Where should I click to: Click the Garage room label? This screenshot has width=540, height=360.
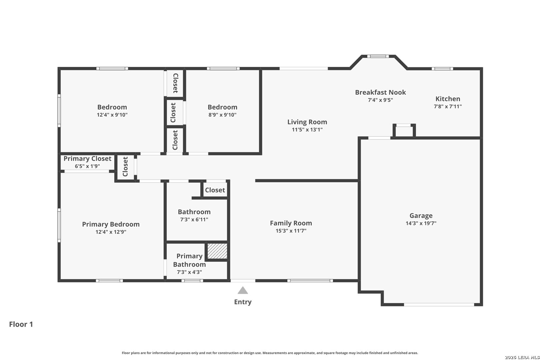click(x=421, y=216)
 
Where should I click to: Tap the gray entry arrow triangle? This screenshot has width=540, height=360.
click(x=243, y=291)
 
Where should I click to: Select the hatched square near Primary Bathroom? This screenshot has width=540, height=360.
click(x=217, y=251)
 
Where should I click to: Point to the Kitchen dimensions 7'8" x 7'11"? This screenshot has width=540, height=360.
click(x=448, y=106)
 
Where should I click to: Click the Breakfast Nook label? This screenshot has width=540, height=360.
click(x=380, y=92)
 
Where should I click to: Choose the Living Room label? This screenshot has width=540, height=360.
click(x=307, y=122)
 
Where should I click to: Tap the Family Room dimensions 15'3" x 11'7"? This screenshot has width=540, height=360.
click(x=291, y=231)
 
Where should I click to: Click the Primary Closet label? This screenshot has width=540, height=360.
click(x=87, y=159)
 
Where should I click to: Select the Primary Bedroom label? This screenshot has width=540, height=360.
click(x=111, y=224)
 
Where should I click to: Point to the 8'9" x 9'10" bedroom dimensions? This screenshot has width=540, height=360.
click(x=222, y=115)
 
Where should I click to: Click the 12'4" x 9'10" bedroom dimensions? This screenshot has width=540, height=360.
click(x=112, y=115)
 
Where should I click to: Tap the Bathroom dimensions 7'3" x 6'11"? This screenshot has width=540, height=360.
click(x=194, y=219)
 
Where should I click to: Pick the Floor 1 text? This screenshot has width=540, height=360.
click(x=21, y=324)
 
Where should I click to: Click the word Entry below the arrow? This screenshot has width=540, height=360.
click(x=243, y=302)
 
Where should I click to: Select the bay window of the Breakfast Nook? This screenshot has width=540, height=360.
click(x=378, y=56)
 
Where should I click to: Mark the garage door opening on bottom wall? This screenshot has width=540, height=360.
click(x=439, y=305)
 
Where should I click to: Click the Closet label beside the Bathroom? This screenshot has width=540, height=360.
click(x=215, y=190)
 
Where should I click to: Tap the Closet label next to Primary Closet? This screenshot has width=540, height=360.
click(x=125, y=167)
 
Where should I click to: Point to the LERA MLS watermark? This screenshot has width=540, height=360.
click(x=522, y=357)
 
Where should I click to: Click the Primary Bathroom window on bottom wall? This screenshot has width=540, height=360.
click(x=192, y=281)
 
